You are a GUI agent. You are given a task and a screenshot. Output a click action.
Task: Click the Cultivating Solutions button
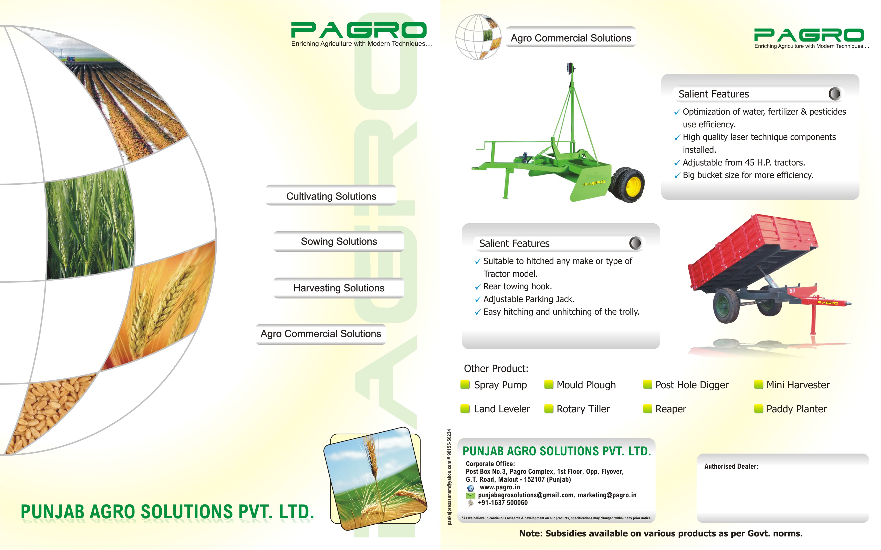pyautogui.click(x=331, y=196)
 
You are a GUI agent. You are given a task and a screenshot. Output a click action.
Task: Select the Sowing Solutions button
pyautogui.click(x=339, y=241)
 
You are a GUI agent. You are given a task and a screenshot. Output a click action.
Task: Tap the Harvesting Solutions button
pyautogui.click(x=339, y=288)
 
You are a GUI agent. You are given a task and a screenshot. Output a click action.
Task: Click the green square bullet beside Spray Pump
pyautogui.click(x=465, y=384)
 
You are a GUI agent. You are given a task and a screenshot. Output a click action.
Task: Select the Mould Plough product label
pyautogui.click(x=586, y=385)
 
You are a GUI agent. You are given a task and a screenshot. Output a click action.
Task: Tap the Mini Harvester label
pyautogui.click(x=798, y=385)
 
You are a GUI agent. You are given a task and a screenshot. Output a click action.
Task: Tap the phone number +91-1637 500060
pyautogui.click(x=502, y=503)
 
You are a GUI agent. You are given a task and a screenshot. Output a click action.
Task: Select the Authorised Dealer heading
pyautogui.click(x=731, y=466)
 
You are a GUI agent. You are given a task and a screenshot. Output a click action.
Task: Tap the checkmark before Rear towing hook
pyautogui.click(x=478, y=287)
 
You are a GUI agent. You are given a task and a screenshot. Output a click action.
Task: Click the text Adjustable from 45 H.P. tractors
pyautogui.click(x=743, y=163)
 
